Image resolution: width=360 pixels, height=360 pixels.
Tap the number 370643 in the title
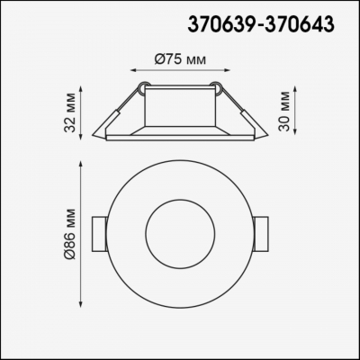[x=303, y=23]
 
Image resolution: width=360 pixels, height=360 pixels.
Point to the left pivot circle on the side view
[x=143, y=87]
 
